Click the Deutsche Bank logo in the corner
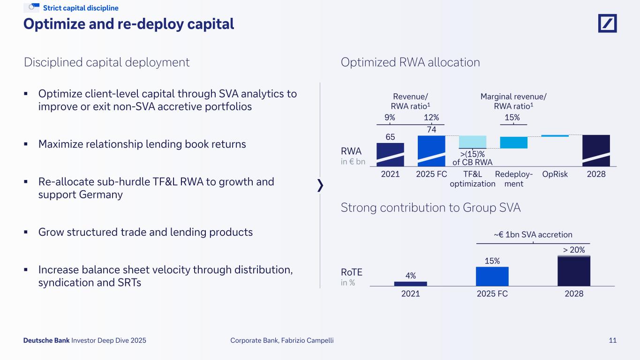point(607,23)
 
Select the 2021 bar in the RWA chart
point(390,155)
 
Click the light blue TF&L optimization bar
point(473,142)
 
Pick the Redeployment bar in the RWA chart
point(514,142)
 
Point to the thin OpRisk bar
point(555,136)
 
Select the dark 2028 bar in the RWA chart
point(596,150)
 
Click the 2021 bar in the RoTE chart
point(411,284)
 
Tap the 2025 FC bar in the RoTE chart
point(492,276)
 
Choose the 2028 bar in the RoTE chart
point(574,271)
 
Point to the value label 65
point(390,137)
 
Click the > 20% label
point(574,250)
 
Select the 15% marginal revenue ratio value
point(512,117)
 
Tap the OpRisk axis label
point(555,174)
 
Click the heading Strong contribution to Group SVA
point(430,208)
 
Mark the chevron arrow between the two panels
point(321,186)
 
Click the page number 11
point(613,341)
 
